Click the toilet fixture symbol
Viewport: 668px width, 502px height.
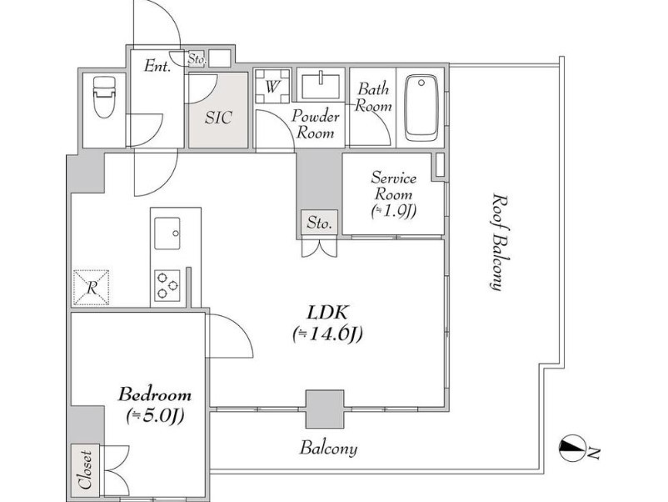(x=104, y=98)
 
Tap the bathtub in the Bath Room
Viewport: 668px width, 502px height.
(x=421, y=108)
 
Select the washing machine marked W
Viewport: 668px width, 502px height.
(x=272, y=86)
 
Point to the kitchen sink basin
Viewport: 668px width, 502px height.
(x=167, y=233)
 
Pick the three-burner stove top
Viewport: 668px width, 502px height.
(x=167, y=286)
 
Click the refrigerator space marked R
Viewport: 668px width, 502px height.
(x=91, y=288)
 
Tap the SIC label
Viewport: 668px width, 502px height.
(x=218, y=118)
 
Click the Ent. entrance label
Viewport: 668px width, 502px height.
(x=157, y=66)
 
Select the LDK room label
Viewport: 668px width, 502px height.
(x=327, y=313)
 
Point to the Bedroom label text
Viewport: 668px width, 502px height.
(x=154, y=395)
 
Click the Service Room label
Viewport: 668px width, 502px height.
(x=393, y=186)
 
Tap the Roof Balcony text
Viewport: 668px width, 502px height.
(x=501, y=243)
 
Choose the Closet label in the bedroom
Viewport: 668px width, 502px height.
(x=85, y=470)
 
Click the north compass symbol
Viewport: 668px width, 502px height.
(x=571, y=448)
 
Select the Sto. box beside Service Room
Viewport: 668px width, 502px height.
(x=319, y=222)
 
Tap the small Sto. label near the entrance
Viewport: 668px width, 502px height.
(x=197, y=59)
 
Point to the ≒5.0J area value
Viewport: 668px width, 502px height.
(x=155, y=416)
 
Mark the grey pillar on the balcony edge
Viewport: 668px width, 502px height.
(x=325, y=409)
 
